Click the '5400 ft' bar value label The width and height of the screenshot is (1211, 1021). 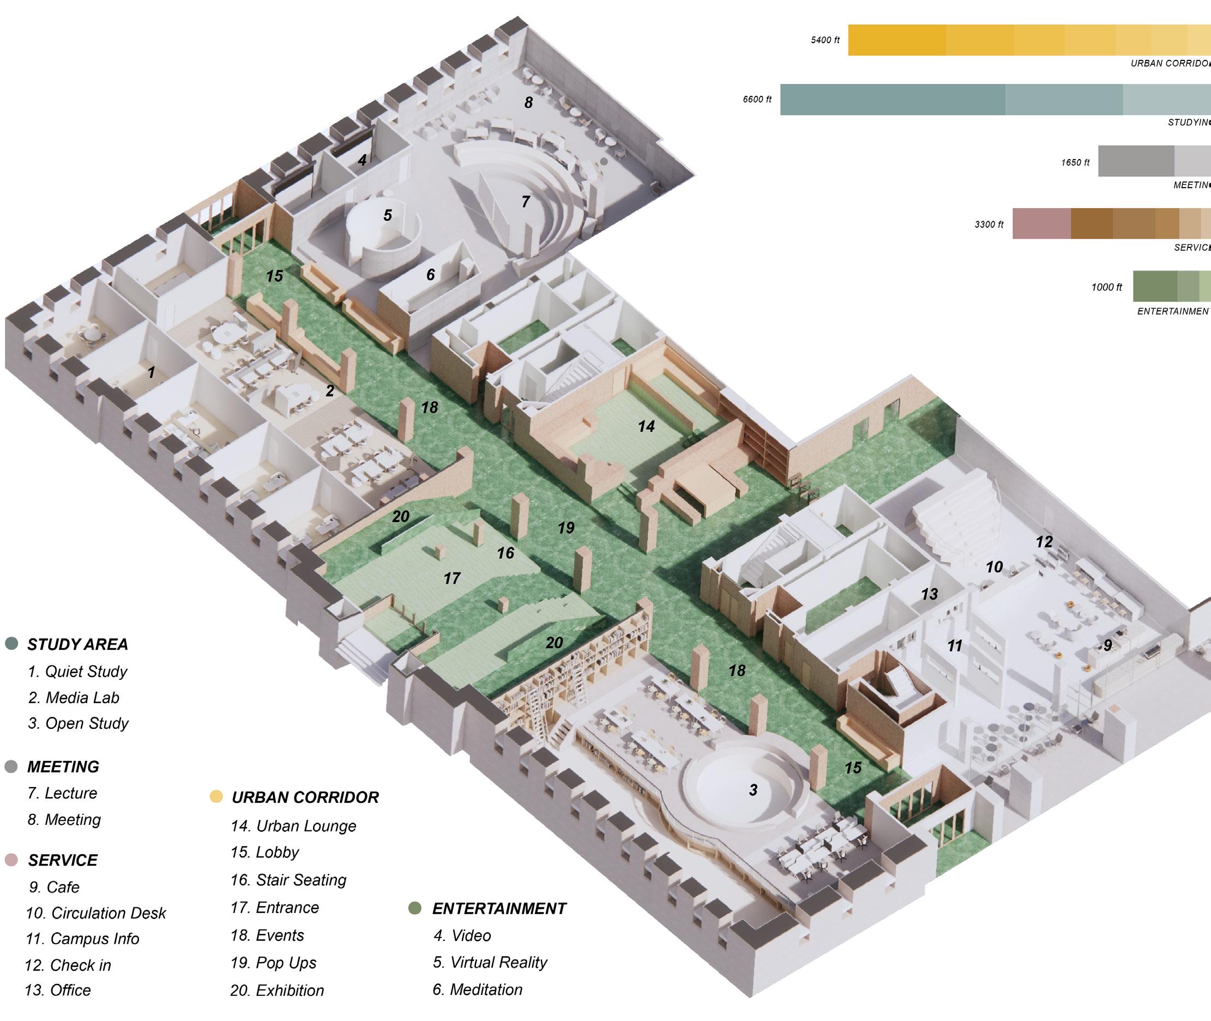point(825,40)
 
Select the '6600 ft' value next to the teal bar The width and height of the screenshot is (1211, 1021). point(757,100)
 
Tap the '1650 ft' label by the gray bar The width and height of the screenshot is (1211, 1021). point(1075,162)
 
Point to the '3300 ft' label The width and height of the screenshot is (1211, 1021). point(989,225)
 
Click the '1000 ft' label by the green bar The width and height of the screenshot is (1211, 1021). point(1106,287)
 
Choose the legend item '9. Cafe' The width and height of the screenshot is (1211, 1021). point(55,887)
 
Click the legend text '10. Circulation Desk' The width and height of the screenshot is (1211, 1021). point(96,913)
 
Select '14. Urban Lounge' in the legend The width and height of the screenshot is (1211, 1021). point(293,826)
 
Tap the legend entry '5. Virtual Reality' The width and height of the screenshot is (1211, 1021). point(490,962)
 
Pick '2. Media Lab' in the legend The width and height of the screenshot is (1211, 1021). point(74,697)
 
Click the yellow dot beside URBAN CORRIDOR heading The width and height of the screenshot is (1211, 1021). point(216,796)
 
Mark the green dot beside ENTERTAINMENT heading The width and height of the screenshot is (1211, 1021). point(414,908)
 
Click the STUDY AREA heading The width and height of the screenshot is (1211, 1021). point(77,644)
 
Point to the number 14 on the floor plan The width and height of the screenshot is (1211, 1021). point(646,427)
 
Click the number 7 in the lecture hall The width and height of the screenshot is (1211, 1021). point(526,202)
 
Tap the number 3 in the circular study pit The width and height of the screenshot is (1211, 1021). point(753,790)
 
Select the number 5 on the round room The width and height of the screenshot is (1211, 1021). point(388,215)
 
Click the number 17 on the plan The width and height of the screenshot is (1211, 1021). point(451,578)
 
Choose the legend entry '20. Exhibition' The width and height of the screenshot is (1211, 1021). point(278,990)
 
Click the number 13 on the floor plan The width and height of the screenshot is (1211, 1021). point(929,594)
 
